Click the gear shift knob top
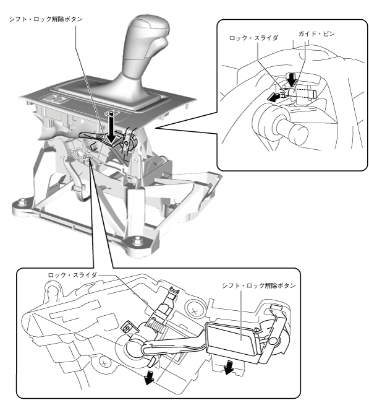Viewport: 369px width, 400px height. [x=148, y=24]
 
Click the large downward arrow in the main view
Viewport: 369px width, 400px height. [x=111, y=128]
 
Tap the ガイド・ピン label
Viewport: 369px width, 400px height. [x=316, y=33]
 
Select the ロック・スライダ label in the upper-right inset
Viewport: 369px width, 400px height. [x=253, y=38]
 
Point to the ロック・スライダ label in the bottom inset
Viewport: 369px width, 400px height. [x=72, y=276]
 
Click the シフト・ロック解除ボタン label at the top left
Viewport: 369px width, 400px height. [x=46, y=19]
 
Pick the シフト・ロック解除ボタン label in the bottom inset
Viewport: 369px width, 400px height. [x=259, y=285]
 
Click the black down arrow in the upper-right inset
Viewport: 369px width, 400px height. [x=291, y=80]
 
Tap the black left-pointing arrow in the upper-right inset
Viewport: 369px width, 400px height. [x=274, y=97]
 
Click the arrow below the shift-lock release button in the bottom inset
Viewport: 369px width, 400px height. [x=229, y=368]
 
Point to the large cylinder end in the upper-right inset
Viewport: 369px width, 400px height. [x=299, y=134]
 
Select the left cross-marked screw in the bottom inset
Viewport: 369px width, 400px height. [x=104, y=362]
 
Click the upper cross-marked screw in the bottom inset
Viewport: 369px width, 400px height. [x=195, y=311]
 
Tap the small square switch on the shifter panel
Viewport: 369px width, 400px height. [x=54, y=98]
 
